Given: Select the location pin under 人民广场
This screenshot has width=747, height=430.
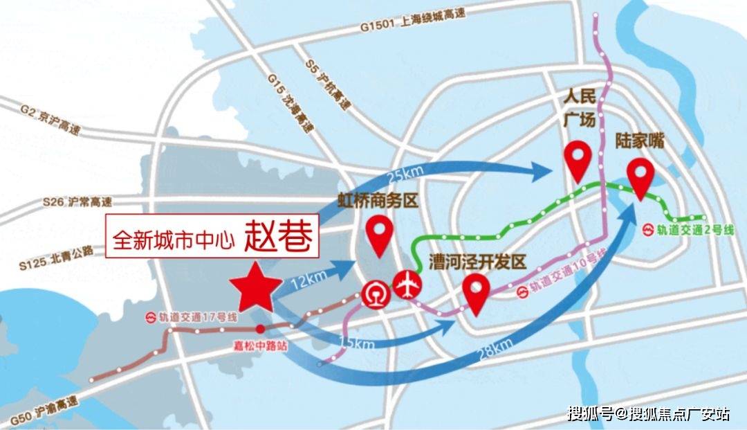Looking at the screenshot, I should pos(578,161).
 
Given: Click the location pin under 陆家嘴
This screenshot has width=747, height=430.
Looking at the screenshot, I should pos(640,178).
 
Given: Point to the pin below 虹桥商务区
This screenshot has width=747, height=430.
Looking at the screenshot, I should pos(379,235).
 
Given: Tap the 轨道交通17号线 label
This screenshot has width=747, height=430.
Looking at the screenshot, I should pos(191,318).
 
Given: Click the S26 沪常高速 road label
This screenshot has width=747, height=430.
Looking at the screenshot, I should pos(76,202).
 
